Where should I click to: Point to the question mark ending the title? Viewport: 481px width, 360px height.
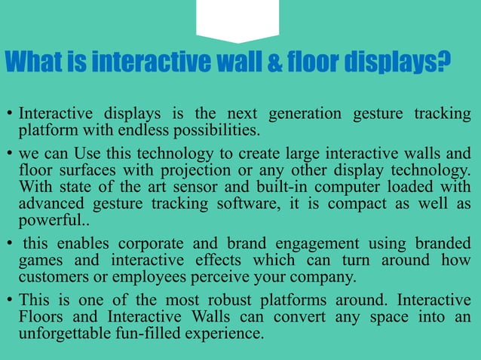(x=444, y=62)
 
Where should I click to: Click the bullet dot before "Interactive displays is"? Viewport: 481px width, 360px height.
(x=8, y=115)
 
